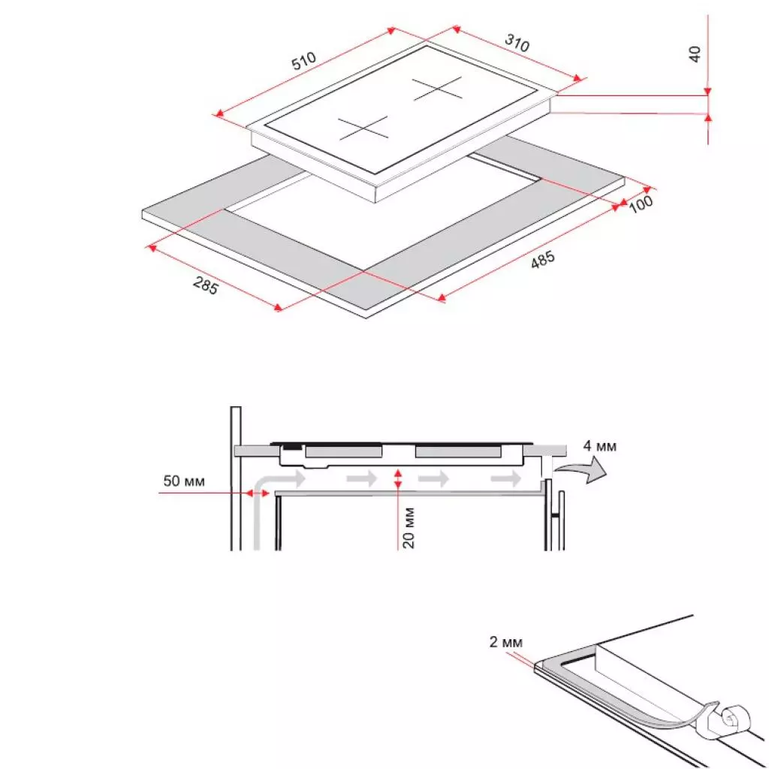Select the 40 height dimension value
pos(695,54)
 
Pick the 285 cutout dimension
pos(205,286)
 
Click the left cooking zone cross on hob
pos(363,128)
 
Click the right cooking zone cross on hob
pos(438,90)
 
